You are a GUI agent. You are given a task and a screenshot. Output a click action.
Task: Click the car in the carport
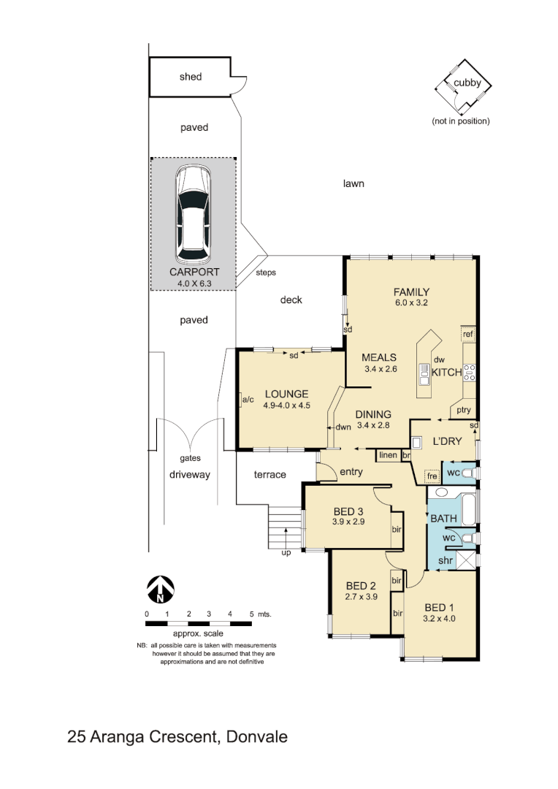click(x=194, y=214)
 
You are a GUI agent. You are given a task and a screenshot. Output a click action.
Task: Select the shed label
click(x=191, y=77)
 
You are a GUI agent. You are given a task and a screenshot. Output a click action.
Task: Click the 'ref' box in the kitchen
click(x=468, y=335)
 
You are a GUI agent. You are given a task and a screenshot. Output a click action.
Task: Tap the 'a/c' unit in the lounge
click(x=248, y=399)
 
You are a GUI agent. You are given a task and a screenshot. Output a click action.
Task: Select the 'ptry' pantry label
click(x=464, y=410)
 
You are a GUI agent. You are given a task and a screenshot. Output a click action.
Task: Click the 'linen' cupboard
click(x=387, y=455)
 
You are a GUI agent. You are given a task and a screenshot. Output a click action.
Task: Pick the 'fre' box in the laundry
click(x=432, y=476)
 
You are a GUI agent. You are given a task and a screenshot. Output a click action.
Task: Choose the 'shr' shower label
click(x=446, y=560)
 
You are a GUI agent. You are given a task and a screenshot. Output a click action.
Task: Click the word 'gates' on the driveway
click(x=191, y=459)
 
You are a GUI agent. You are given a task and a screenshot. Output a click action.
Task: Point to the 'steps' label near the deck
click(x=266, y=272)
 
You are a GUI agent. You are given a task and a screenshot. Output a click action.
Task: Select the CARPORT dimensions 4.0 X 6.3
click(x=194, y=282)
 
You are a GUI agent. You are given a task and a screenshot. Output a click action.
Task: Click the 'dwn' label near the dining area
click(x=344, y=428)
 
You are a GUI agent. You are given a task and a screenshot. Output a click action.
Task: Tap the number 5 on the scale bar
click(x=251, y=614)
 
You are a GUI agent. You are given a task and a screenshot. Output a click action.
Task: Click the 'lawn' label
click(x=353, y=183)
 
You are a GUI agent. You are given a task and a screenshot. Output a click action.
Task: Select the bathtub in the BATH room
click(x=465, y=508)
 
